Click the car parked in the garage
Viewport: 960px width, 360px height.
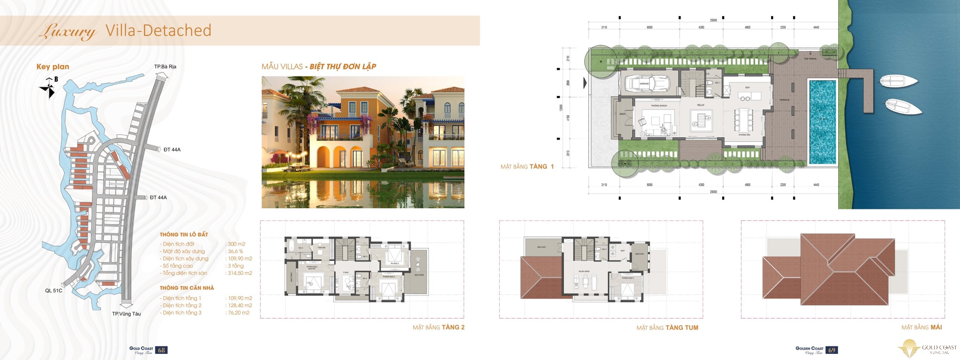click(x=647, y=83)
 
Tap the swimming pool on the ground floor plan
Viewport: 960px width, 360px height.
click(x=823, y=122)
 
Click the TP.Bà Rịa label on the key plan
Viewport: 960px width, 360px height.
click(x=165, y=67)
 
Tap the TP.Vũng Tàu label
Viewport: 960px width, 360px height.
click(x=126, y=314)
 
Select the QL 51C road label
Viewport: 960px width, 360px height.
click(x=54, y=291)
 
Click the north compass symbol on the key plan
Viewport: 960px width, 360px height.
click(x=49, y=88)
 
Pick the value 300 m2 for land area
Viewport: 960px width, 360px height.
click(x=237, y=244)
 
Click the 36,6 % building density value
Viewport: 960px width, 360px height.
click(x=236, y=251)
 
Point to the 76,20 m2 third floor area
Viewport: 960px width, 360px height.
click(x=239, y=313)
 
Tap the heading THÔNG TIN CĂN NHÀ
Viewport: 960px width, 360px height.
click(x=187, y=288)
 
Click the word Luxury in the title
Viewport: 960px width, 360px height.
click(x=68, y=31)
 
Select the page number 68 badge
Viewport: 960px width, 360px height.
click(x=161, y=350)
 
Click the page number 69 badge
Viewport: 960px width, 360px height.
click(x=832, y=350)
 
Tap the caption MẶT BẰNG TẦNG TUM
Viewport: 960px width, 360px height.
click(x=667, y=328)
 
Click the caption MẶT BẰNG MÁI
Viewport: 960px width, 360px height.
click(x=922, y=327)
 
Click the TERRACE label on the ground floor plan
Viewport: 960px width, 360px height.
click(x=784, y=100)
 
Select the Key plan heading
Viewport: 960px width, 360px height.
click(x=53, y=67)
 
